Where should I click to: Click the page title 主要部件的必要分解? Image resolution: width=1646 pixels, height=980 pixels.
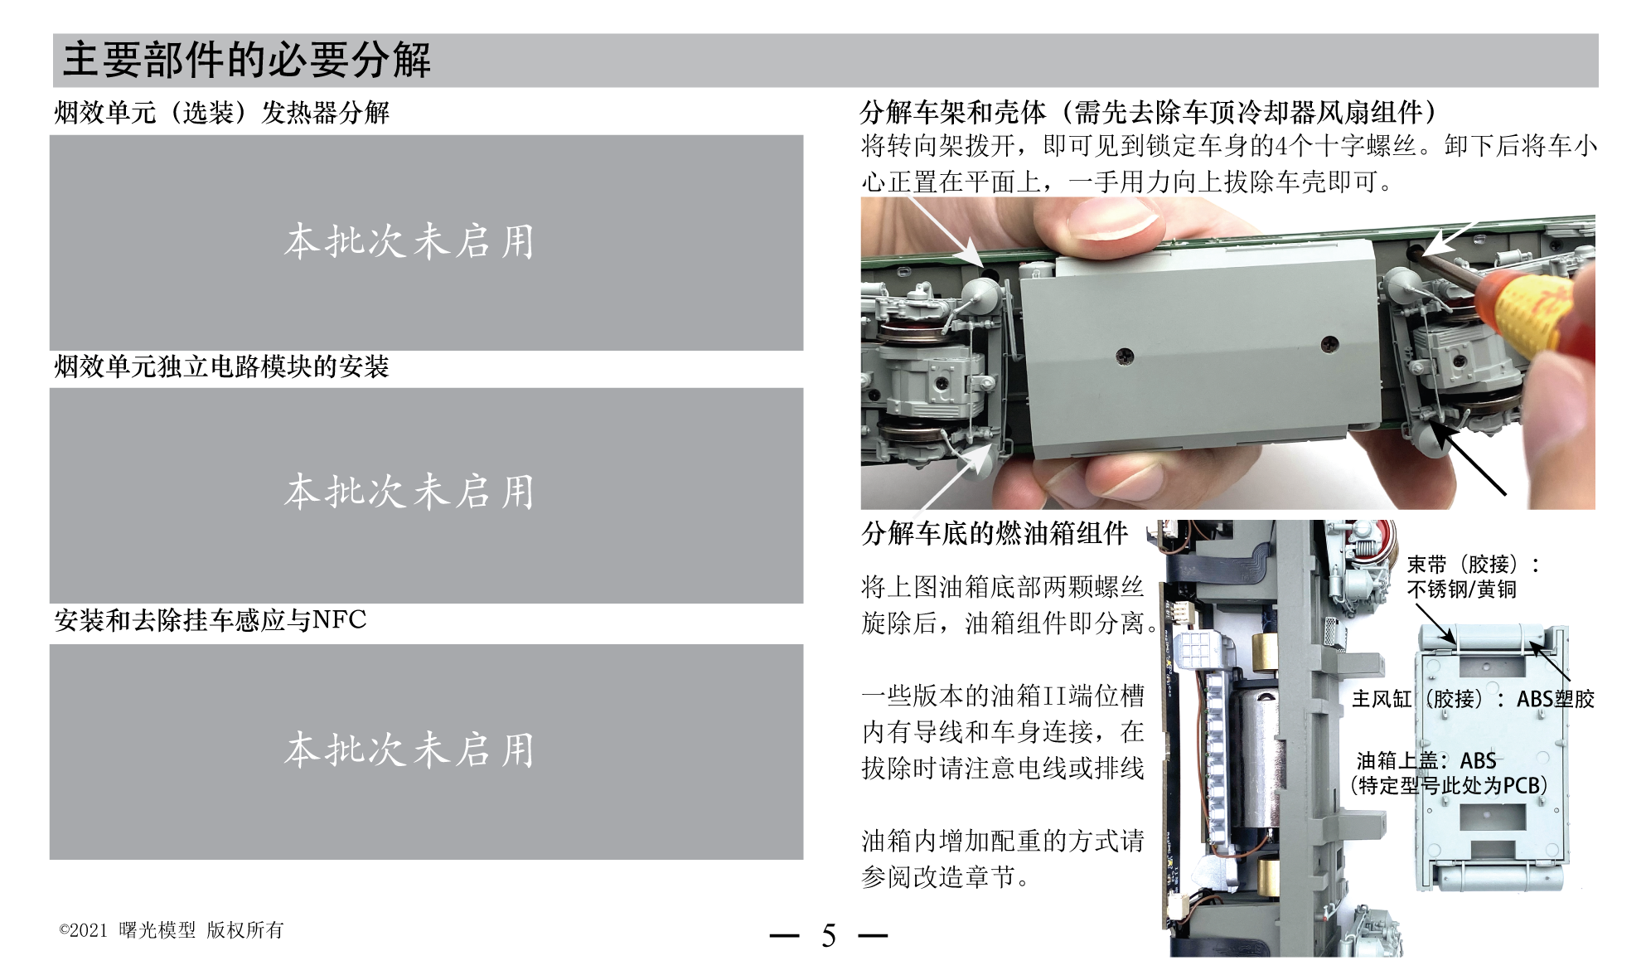pos(247,61)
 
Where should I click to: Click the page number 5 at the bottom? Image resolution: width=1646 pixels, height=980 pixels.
pos(828,936)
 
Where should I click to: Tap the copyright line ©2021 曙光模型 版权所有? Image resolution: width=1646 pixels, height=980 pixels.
pos(172,930)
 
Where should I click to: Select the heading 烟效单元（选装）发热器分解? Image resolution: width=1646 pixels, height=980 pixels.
pos(221,113)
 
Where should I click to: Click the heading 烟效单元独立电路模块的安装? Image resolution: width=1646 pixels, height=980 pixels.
pos(221,366)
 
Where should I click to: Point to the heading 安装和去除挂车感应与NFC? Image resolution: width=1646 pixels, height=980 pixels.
pos(211,620)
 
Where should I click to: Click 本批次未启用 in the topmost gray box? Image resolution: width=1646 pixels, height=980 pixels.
pos(409,242)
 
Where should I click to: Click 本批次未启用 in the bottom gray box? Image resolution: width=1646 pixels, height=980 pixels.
pos(409,750)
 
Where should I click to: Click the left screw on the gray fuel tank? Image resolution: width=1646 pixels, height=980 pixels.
pos(1125,356)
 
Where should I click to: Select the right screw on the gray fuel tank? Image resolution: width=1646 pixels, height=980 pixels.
pos(1329,342)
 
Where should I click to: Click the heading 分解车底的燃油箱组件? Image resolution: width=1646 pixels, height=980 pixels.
pos(995,533)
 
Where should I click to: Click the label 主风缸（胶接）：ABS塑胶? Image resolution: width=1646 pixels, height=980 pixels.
pos(1473,699)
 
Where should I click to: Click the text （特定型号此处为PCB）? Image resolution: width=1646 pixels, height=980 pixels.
pos(1449,785)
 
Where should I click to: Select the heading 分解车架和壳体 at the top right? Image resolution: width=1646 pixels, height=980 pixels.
pos(953,112)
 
